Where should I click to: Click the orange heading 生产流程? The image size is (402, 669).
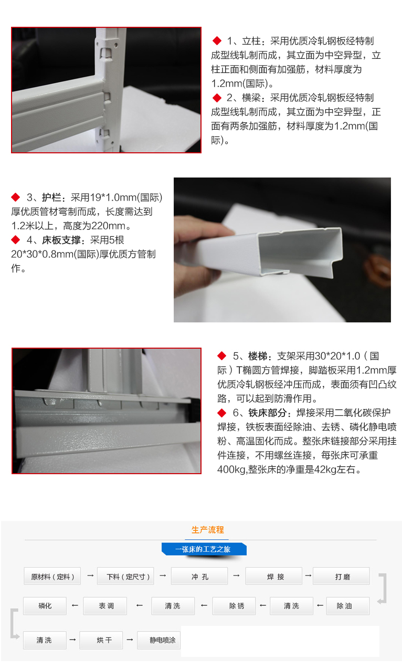207,530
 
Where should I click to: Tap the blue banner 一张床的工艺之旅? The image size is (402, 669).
204,549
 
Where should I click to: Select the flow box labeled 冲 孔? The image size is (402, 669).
199,576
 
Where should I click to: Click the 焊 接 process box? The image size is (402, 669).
273,576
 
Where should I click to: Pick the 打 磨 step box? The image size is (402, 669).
341,576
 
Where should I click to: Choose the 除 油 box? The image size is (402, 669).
348,605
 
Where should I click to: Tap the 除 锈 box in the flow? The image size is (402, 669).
234,605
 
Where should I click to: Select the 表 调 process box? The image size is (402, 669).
105,605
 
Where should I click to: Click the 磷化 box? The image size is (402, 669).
45,605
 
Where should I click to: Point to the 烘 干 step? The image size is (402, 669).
101,640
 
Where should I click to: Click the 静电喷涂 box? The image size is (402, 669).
159,640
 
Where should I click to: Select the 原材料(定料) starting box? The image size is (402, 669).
52,576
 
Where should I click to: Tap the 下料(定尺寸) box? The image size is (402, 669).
125,576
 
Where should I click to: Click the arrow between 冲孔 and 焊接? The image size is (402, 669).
236,575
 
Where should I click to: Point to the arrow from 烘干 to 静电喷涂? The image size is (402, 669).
130,640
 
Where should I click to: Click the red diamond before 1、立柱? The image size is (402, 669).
217,40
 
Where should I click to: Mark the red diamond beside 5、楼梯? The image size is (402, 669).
222,356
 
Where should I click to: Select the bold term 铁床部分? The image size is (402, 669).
268,413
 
